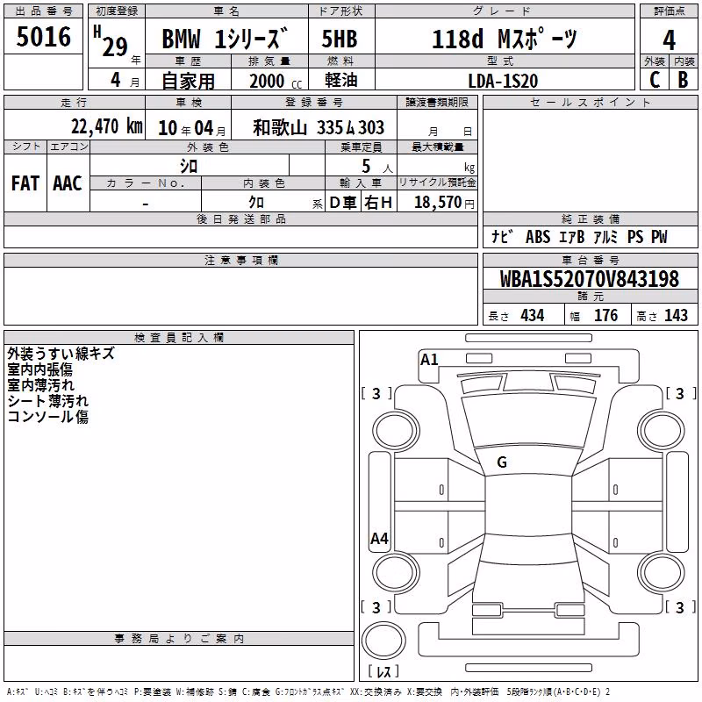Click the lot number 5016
[x=43, y=36]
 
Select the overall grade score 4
[x=669, y=40]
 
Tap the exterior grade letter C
[x=655, y=80]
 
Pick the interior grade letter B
[x=683, y=80]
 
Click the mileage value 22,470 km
[x=106, y=126]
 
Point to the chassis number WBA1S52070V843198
[x=589, y=279]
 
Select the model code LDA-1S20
[x=503, y=81]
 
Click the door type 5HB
[x=340, y=39]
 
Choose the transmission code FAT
[x=25, y=183]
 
